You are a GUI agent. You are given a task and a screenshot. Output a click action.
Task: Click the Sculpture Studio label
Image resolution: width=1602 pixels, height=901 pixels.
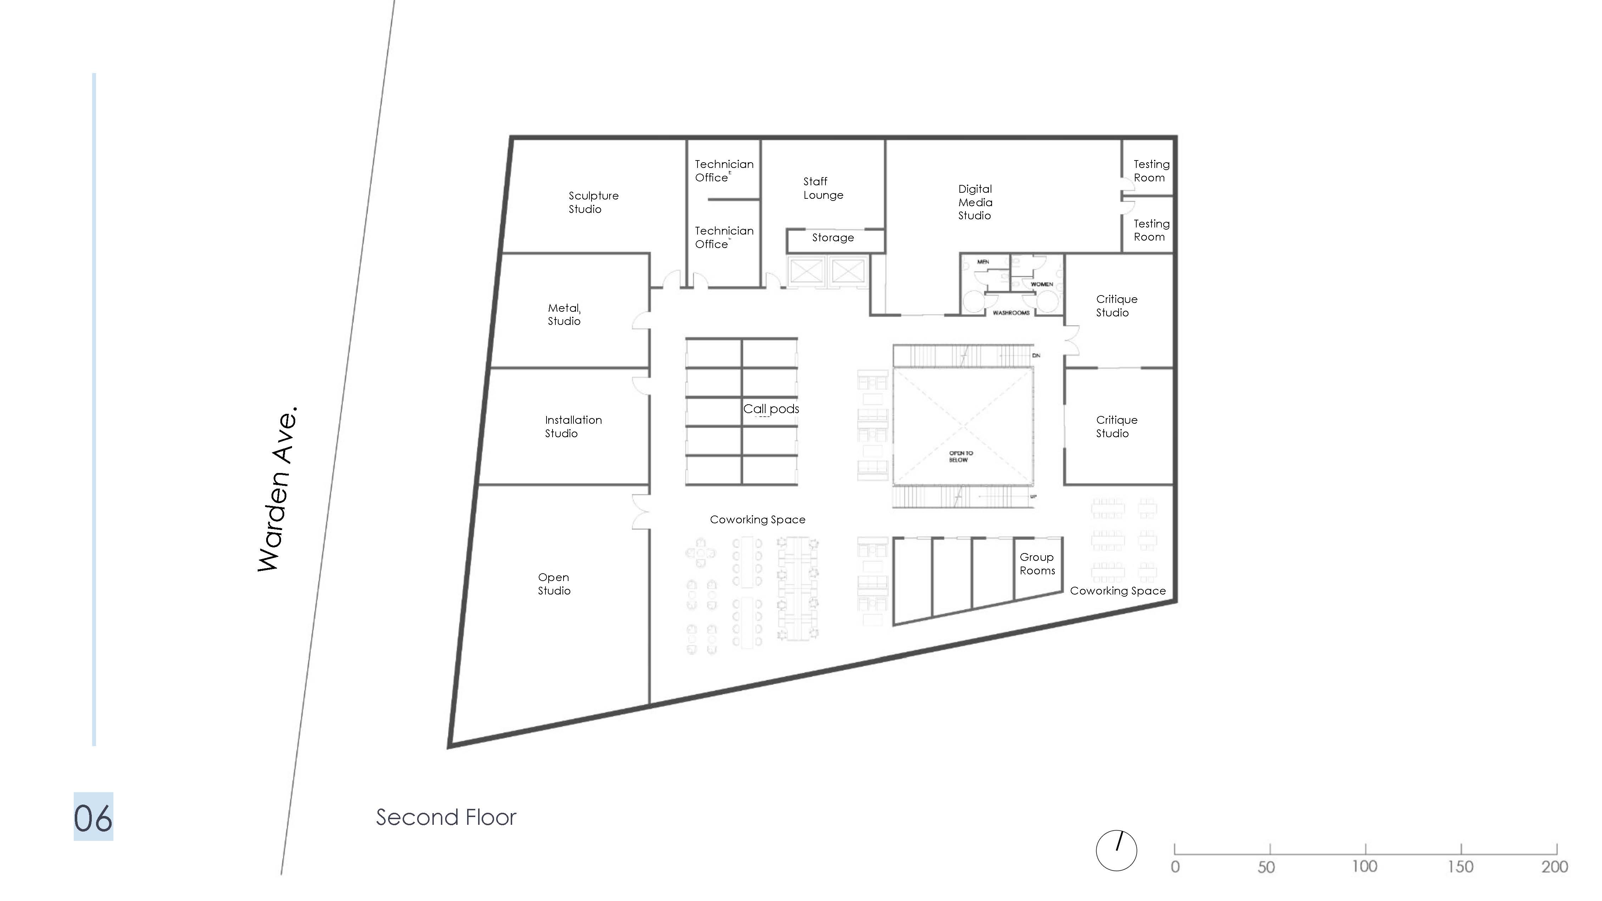point(593,202)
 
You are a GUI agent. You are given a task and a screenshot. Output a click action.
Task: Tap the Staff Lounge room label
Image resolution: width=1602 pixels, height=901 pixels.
point(823,188)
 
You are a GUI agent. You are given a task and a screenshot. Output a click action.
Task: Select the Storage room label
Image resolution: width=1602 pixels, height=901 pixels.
point(833,237)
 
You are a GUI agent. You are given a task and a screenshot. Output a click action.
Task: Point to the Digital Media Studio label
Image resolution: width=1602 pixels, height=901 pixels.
point(975,202)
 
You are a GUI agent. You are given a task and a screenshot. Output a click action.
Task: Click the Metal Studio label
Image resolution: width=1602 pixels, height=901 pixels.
point(564,314)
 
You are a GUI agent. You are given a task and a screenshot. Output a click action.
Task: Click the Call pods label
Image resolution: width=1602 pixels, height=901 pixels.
point(771,409)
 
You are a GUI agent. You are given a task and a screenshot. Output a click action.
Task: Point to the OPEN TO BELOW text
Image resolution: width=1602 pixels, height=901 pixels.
point(960,456)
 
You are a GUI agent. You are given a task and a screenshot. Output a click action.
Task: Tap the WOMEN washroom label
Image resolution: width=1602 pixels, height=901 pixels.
point(1042,284)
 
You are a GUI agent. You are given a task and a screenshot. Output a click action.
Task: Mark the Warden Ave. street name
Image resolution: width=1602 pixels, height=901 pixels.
point(278,489)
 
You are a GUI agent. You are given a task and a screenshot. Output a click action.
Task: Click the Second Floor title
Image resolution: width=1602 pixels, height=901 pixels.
point(446,817)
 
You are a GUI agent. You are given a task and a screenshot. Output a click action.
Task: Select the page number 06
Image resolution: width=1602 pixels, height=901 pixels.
point(93,817)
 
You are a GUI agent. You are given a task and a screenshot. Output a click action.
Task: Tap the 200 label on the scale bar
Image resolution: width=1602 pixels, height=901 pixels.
point(1554,866)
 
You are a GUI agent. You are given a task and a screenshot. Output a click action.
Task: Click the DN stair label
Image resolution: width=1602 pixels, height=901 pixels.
point(1036,356)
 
